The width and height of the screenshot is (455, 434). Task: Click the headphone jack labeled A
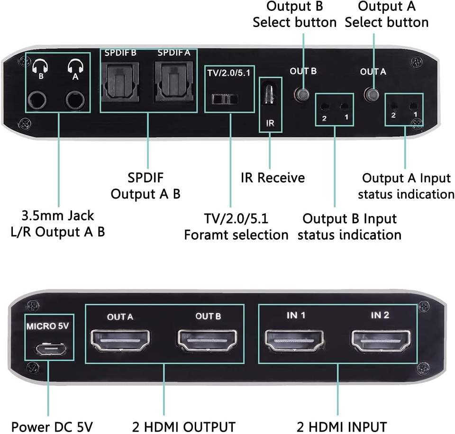(76, 100)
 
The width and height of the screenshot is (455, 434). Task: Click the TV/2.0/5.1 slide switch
(224, 100)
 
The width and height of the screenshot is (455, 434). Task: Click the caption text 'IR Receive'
(273, 178)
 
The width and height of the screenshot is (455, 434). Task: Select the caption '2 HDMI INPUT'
(342, 426)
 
